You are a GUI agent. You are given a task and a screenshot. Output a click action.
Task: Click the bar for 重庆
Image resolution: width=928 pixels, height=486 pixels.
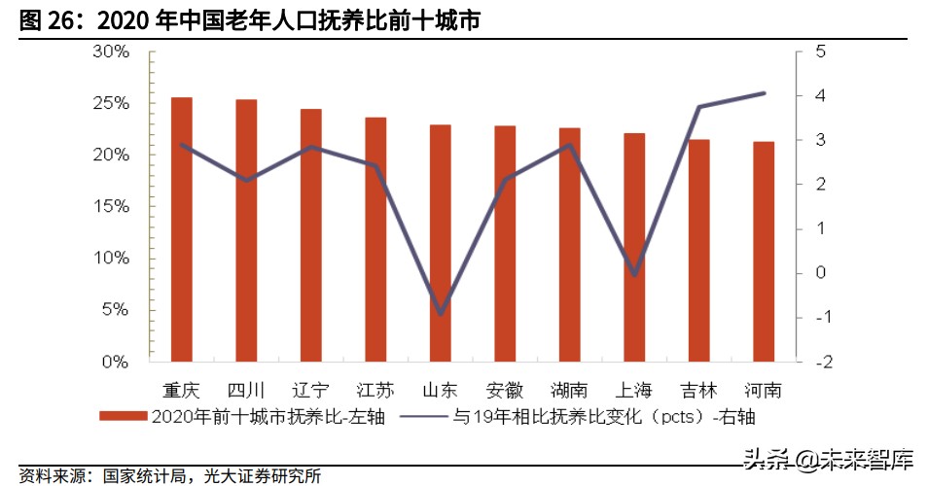coord(182,229)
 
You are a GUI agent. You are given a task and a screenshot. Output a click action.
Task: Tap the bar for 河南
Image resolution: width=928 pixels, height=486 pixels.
coord(764,251)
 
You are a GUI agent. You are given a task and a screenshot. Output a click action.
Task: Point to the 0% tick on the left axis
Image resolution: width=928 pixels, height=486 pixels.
coord(115,362)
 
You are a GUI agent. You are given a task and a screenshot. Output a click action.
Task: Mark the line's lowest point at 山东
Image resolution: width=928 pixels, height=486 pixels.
coord(441,313)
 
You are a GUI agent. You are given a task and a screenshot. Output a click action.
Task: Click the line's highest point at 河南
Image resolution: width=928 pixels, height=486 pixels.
coord(764,93)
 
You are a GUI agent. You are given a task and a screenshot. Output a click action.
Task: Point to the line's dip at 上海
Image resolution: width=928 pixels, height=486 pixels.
coord(634,274)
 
